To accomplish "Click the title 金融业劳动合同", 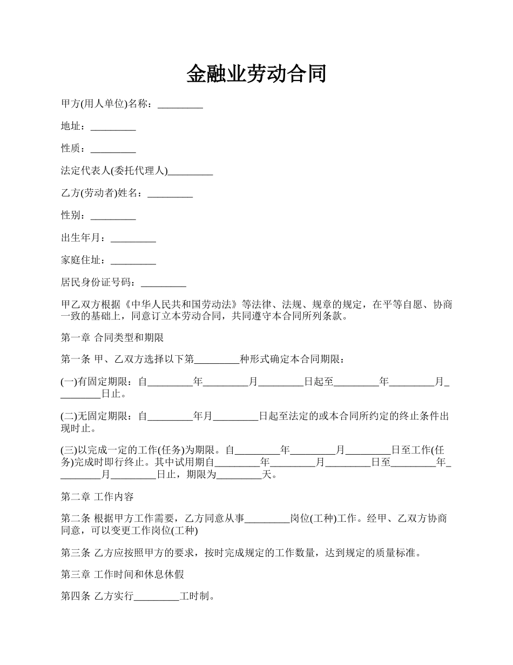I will [256, 74].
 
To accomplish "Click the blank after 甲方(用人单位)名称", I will [180, 105].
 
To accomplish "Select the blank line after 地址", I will [113, 127].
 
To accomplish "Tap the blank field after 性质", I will [113, 149].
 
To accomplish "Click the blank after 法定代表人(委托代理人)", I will [190, 172].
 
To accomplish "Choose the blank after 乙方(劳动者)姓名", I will [170, 194].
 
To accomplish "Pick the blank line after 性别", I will [113, 216].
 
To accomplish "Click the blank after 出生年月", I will [133, 238].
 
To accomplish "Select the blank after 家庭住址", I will [133, 261].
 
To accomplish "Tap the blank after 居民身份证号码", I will [163, 283].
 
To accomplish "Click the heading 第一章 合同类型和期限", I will [112, 338].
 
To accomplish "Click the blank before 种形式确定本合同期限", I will [217, 359].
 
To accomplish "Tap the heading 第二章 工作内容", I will [97, 497].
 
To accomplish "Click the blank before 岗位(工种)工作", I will [267, 519].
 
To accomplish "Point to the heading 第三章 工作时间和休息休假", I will [123, 575].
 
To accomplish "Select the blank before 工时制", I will [157, 597].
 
